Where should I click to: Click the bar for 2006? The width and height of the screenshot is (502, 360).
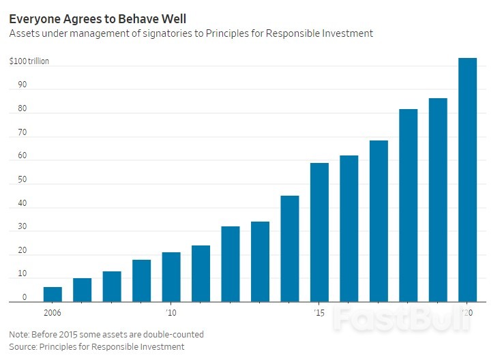click(53, 294)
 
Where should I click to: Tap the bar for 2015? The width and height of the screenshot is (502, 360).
click(319, 232)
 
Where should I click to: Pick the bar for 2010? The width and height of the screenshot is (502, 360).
click(171, 277)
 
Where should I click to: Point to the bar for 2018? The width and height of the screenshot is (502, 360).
click(408, 205)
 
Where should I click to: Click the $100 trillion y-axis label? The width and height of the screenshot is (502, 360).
click(29, 61)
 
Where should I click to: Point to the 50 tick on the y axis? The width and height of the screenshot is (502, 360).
click(23, 180)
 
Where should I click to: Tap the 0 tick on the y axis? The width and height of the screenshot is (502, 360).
click(25, 297)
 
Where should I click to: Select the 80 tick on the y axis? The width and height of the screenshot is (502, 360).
click(23, 109)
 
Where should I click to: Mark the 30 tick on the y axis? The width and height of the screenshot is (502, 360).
click(23, 227)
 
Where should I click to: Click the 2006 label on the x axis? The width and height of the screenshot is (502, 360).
click(53, 313)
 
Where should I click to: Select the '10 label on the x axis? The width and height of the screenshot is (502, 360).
click(171, 313)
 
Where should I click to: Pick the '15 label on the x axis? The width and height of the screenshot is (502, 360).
click(319, 313)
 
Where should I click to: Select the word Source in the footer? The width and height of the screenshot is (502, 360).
click(23, 347)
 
